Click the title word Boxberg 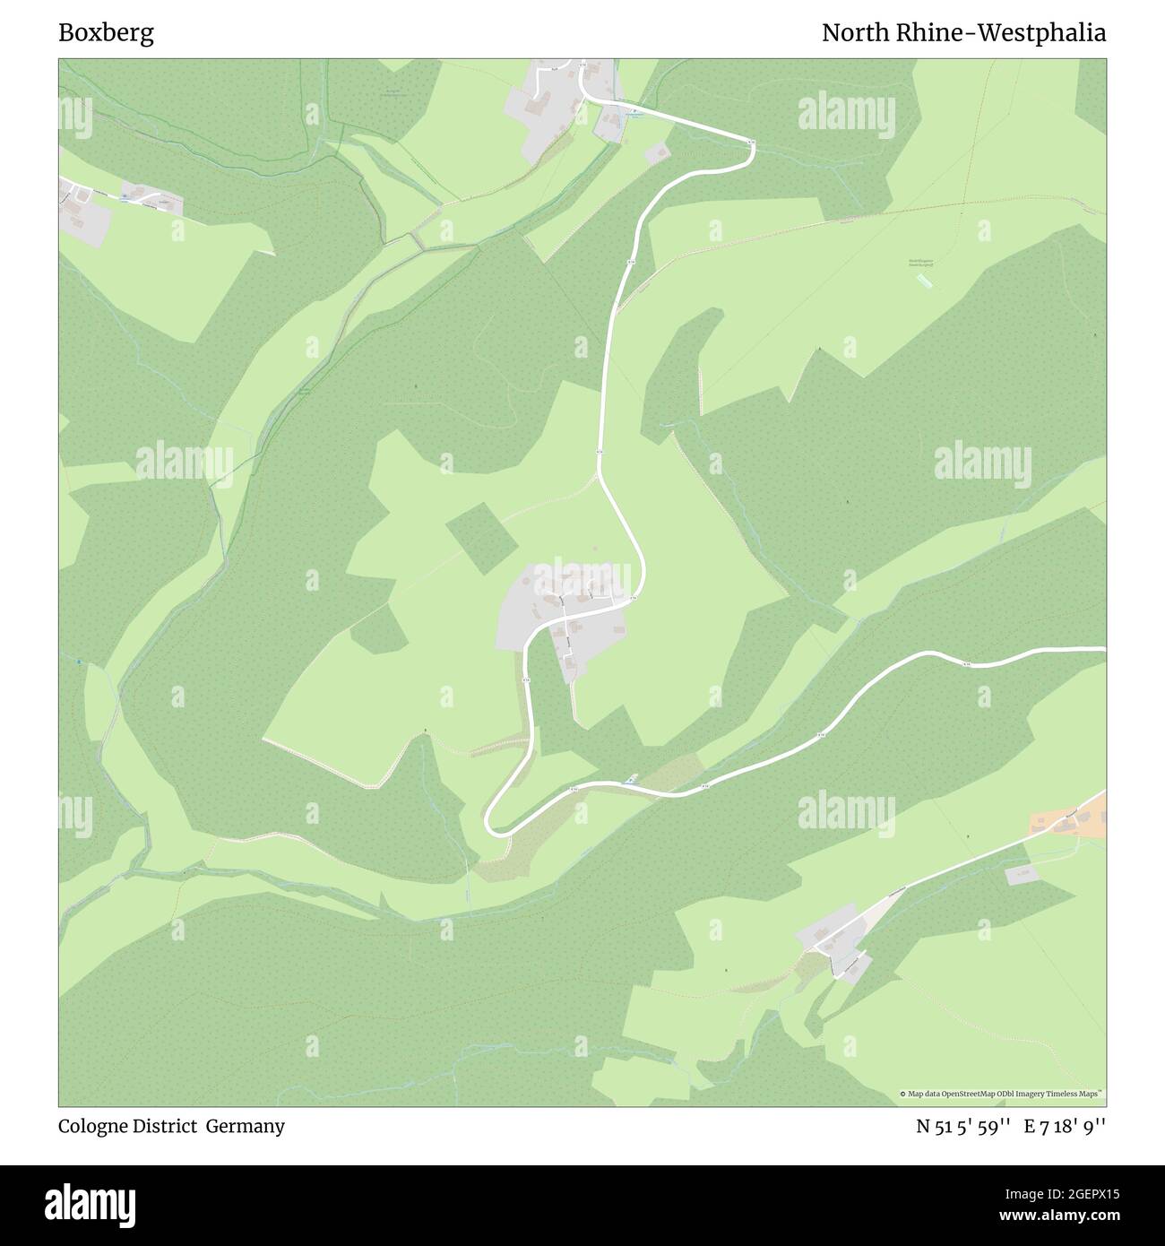106,33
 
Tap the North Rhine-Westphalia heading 963,33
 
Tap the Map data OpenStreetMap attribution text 1004,1094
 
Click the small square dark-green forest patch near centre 482,538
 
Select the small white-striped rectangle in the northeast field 923,281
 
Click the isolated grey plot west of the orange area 1022,874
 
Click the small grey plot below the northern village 657,153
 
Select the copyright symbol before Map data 903,1094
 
